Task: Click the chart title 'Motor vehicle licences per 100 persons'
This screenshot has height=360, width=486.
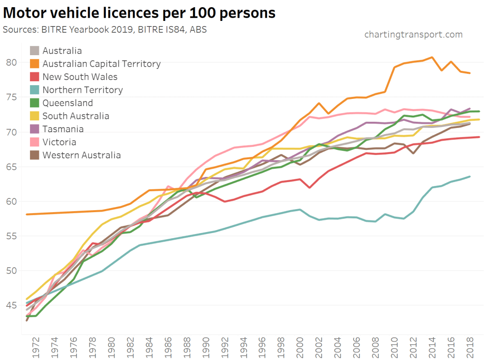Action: [x=139, y=13]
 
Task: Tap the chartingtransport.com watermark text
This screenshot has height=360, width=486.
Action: [x=413, y=34]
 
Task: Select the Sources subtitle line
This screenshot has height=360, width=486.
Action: [x=105, y=29]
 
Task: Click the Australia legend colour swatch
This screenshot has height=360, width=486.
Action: [x=35, y=51]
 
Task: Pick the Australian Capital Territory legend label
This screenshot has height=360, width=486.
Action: [x=102, y=64]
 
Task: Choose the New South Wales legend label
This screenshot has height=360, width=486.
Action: [x=80, y=77]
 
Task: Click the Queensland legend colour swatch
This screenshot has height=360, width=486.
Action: [x=35, y=103]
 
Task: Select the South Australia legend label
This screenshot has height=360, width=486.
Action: [x=76, y=116]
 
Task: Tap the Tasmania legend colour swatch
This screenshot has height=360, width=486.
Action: [x=35, y=129]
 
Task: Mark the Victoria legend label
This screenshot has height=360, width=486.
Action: [x=59, y=142]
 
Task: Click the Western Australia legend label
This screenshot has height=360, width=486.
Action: [x=82, y=155]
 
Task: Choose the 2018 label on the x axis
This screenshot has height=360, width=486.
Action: [x=469, y=347]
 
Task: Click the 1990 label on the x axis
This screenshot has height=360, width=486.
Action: [x=206, y=347]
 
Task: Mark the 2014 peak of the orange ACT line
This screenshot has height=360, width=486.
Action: [x=431, y=58]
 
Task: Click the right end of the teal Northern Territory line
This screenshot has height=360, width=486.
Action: [x=470, y=176]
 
